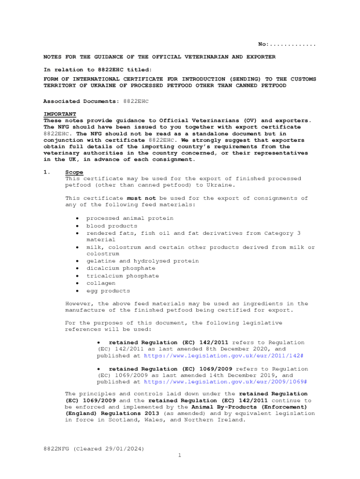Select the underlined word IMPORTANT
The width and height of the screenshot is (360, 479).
(60, 114)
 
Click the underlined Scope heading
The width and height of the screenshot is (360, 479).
(74, 172)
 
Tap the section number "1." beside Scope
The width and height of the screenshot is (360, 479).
(47, 172)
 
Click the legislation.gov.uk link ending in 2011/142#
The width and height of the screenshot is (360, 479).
(223, 356)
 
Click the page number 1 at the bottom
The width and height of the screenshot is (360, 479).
(180, 455)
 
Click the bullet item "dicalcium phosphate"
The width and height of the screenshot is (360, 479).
(121, 269)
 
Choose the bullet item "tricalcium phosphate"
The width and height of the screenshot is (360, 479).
(122, 276)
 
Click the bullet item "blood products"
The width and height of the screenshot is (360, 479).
(112, 226)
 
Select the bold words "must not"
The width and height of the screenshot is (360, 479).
(141, 198)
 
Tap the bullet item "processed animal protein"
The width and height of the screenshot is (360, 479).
(130, 218)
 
